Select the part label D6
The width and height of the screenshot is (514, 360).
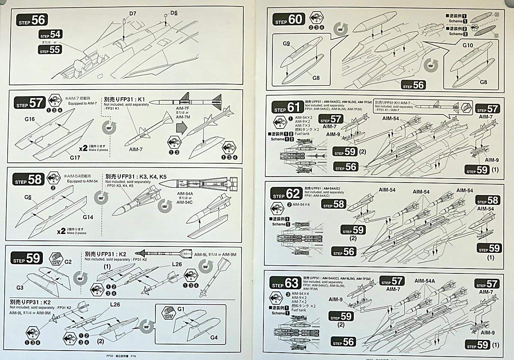point(173,13)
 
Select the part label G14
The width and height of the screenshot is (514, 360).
point(88,217)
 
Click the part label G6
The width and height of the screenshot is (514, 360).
point(28,197)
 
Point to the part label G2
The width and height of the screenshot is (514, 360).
point(68,262)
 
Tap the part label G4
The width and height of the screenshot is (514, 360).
point(214,337)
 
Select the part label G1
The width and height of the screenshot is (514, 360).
point(180,309)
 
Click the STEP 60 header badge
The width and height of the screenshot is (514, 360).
point(290,19)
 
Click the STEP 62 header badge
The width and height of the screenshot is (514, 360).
point(287,193)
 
